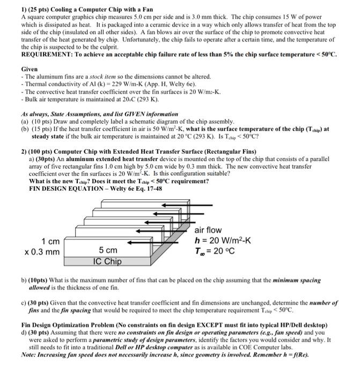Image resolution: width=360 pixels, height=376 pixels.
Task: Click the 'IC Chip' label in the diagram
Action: pyautogui.click(x=107, y=262)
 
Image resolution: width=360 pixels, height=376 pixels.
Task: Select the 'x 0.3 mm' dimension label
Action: pyautogui.click(x=42, y=251)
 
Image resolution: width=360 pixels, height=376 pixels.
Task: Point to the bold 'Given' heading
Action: pyautogui.click(x=30, y=70)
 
